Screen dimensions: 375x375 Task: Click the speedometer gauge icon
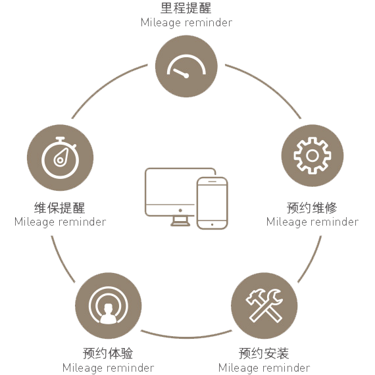click(186, 66)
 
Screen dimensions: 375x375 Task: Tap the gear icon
click(312, 156)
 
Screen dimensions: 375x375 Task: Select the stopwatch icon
click(60, 158)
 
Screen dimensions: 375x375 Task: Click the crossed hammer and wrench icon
click(264, 306)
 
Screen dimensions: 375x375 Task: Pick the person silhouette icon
click(108, 313)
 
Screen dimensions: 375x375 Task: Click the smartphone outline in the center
click(212, 203)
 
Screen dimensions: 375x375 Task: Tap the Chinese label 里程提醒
click(186, 8)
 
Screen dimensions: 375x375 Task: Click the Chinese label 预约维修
click(312, 208)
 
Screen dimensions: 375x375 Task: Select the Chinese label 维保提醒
click(60, 208)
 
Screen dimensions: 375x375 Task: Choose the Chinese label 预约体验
click(108, 353)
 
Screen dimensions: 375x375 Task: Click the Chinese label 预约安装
click(264, 353)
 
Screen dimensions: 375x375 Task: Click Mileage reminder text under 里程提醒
click(186, 23)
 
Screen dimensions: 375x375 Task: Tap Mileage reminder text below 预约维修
click(312, 222)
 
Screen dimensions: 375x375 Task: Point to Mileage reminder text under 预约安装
click(264, 368)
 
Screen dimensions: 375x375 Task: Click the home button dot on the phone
click(212, 224)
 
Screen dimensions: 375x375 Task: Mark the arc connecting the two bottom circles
click(186, 337)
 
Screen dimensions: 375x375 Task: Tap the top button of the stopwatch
click(60, 138)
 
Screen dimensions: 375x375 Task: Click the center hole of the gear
click(312, 156)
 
